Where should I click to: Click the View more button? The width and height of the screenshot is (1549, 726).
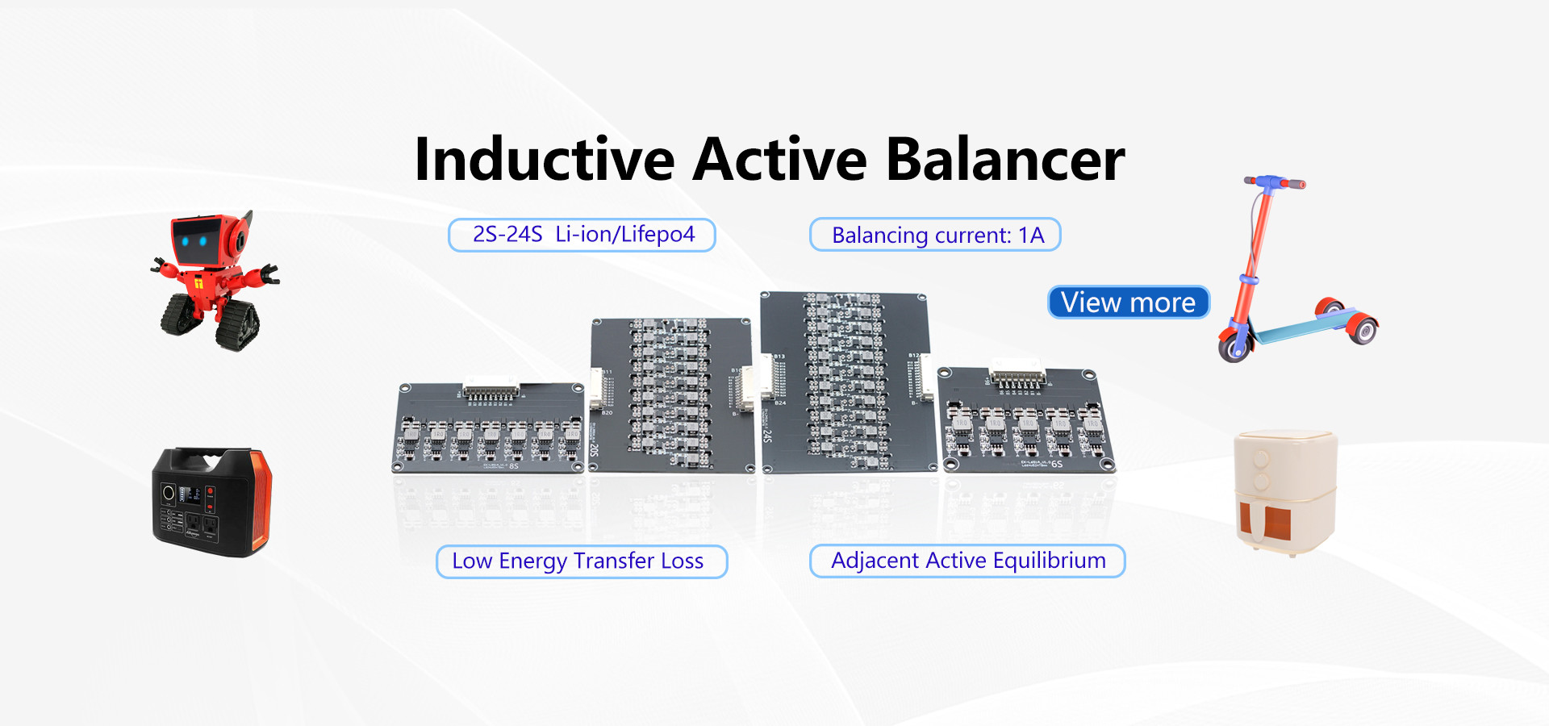1128,302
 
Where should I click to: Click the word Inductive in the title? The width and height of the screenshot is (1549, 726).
545,160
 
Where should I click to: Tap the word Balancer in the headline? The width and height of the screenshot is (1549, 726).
1004,160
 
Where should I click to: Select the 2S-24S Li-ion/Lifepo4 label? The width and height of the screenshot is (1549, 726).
582,235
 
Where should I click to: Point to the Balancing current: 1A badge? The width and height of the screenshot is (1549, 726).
935,235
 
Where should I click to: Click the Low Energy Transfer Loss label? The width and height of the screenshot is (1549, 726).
581,561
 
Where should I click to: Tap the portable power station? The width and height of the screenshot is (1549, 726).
211,502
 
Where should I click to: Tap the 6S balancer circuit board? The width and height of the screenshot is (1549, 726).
1025,419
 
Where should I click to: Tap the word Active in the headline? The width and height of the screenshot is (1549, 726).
779,160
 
